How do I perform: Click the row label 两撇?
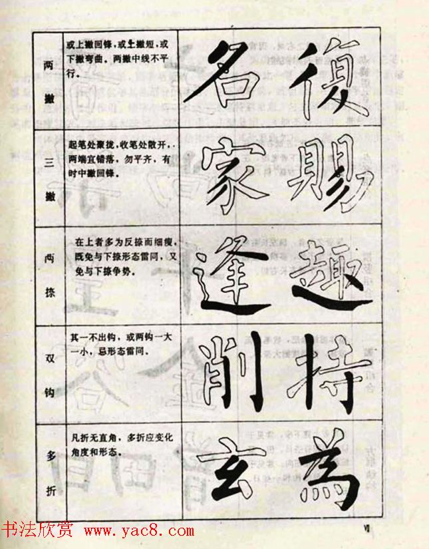tap(49, 81)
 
